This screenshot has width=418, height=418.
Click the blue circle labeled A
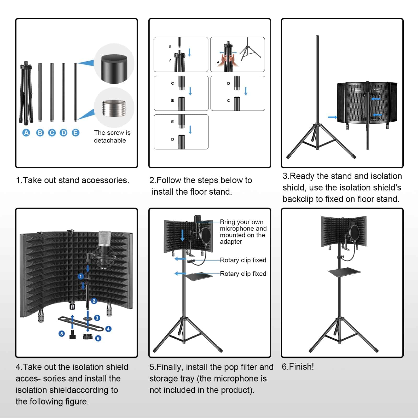[26, 133]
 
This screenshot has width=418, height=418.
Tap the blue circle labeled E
[76, 133]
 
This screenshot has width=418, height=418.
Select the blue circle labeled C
[52, 133]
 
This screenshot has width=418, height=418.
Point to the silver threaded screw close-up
[114, 108]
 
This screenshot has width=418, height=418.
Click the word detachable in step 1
[110, 141]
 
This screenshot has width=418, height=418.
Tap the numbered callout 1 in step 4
[81, 276]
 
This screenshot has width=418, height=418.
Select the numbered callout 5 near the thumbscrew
[62, 334]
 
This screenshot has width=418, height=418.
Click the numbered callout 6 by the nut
[98, 338]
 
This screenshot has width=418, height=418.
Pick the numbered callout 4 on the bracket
[108, 329]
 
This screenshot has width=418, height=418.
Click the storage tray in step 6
[344, 271]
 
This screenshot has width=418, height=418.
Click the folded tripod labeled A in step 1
[26, 93]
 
